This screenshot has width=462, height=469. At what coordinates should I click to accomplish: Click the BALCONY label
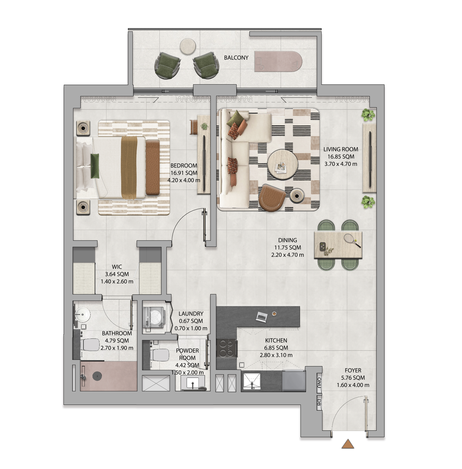(236, 58)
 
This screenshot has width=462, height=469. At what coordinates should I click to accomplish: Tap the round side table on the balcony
(188, 46)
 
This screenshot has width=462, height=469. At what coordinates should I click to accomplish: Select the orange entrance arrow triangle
(348, 444)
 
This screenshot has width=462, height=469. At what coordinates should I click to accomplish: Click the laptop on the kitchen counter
(261, 317)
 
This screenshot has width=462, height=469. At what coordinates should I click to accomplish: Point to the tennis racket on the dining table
(353, 241)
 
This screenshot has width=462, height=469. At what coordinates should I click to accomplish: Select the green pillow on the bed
(95, 166)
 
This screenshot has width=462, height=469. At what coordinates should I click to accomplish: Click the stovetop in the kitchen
(226, 348)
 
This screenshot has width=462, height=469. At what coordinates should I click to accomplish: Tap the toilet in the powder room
(160, 355)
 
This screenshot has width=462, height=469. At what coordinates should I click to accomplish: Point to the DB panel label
(319, 403)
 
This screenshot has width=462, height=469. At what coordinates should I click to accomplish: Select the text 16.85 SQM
(341, 157)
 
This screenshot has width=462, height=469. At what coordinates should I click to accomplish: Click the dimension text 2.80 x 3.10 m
(276, 355)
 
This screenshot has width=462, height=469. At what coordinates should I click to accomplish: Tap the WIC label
(117, 267)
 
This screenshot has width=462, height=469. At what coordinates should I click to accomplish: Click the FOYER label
(353, 370)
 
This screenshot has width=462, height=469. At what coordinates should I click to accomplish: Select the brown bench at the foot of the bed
(152, 167)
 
